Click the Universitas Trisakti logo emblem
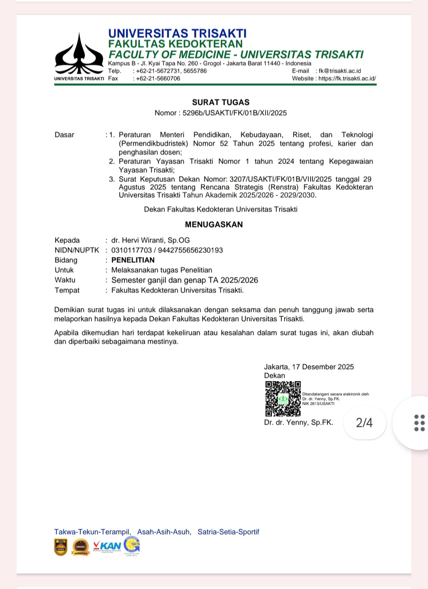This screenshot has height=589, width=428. click(x=79, y=55)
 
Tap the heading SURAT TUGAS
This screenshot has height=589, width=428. click(x=221, y=102)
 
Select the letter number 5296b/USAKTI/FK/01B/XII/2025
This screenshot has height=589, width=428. click(x=235, y=113)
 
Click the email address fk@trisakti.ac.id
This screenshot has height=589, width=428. click(x=340, y=71)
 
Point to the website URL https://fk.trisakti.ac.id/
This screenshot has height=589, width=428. click(x=347, y=79)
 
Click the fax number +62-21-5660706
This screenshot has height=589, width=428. click(x=158, y=79)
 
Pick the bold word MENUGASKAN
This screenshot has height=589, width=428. click(x=214, y=224)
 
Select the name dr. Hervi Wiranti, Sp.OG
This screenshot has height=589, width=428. click(x=151, y=240)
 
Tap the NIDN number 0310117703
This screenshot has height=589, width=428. click(x=132, y=250)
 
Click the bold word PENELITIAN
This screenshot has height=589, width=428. click(x=133, y=260)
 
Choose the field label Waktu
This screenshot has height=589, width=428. click(x=65, y=280)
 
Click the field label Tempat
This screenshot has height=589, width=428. click(x=67, y=290)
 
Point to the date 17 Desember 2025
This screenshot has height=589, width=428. click(x=323, y=367)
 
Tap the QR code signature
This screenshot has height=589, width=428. click(x=283, y=399)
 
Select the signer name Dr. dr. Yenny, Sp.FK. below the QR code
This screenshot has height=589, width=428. click(x=298, y=422)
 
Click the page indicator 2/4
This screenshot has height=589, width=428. click(x=364, y=423)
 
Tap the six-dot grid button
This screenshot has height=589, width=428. click(x=419, y=423)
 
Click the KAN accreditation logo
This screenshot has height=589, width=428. click(x=107, y=546)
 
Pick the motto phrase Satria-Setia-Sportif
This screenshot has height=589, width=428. click(x=228, y=532)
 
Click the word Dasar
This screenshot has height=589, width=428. click(x=65, y=135)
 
